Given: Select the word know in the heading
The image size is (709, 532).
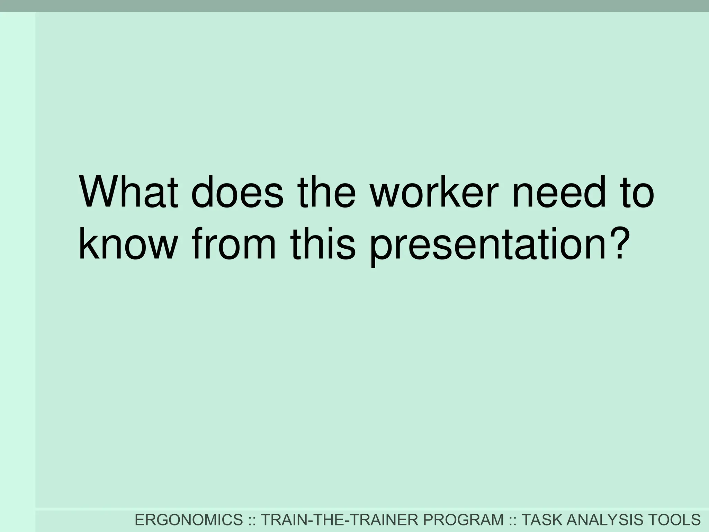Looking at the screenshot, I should click(x=128, y=243).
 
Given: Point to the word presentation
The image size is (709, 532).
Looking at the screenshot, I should click(x=484, y=243).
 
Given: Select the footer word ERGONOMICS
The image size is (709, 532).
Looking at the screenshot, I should click(x=189, y=520).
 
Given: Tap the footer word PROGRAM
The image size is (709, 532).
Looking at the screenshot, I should click(x=464, y=520).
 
